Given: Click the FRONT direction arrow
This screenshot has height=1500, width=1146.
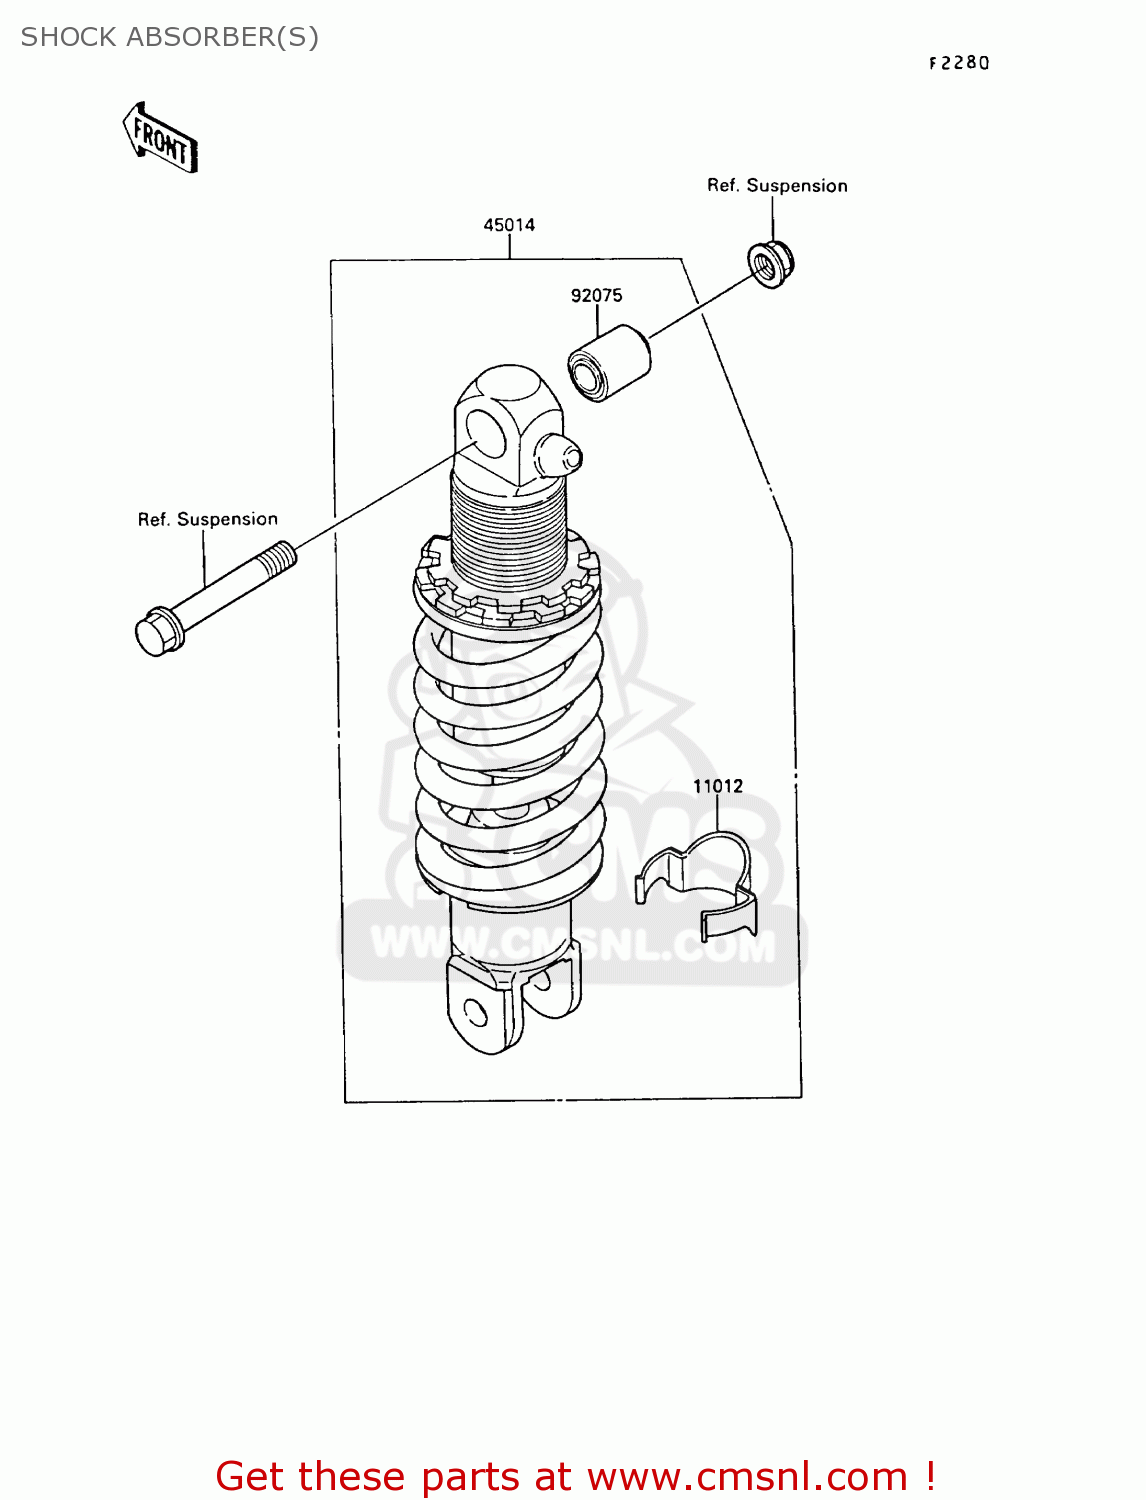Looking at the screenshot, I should [160, 138].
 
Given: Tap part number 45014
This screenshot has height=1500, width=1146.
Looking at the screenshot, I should [509, 225].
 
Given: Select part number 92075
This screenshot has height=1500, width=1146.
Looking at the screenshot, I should [596, 295].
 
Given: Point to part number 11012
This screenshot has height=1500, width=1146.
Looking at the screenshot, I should [718, 786].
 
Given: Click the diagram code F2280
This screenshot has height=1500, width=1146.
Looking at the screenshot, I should [959, 63].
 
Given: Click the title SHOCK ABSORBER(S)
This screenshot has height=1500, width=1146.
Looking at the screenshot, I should [170, 37].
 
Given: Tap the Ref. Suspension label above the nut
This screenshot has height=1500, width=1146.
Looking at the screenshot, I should [777, 185].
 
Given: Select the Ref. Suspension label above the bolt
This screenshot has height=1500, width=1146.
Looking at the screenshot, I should [208, 519].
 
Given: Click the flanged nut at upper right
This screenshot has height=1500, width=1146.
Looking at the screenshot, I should [771, 264].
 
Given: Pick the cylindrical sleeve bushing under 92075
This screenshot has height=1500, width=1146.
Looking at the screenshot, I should [608, 362].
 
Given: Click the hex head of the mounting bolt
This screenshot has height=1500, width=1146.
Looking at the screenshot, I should [158, 632].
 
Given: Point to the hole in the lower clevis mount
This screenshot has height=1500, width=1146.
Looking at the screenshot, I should [476, 1013].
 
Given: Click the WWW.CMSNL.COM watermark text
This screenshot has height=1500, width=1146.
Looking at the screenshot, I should [572, 944].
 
